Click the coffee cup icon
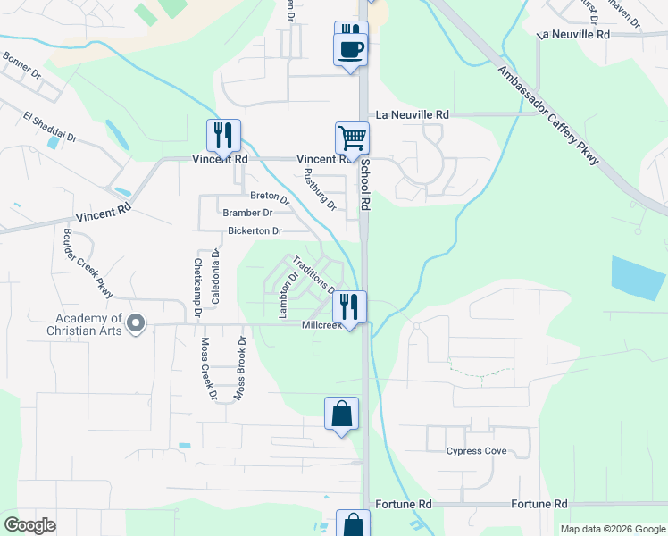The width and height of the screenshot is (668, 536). [x=350, y=48]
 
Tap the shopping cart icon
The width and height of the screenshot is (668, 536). [x=353, y=138]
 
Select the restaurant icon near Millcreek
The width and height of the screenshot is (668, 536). [x=349, y=306]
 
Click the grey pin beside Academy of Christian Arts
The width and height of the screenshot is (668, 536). [x=136, y=323]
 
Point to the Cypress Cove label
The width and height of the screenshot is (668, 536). [x=477, y=451]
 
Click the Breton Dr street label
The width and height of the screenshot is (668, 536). [x=270, y=197]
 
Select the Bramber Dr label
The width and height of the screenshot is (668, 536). [x=247, y=213]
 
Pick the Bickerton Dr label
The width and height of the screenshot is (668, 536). [x=255, y=230]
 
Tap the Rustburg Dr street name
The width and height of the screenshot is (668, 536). [x=319, y=189]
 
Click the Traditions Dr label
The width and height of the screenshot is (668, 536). [x=313, y=272]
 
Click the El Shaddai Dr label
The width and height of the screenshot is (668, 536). [x=50, y=128]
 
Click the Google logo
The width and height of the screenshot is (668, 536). [x=30, y=525]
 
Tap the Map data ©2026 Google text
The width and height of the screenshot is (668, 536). [x=612, y=529]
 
